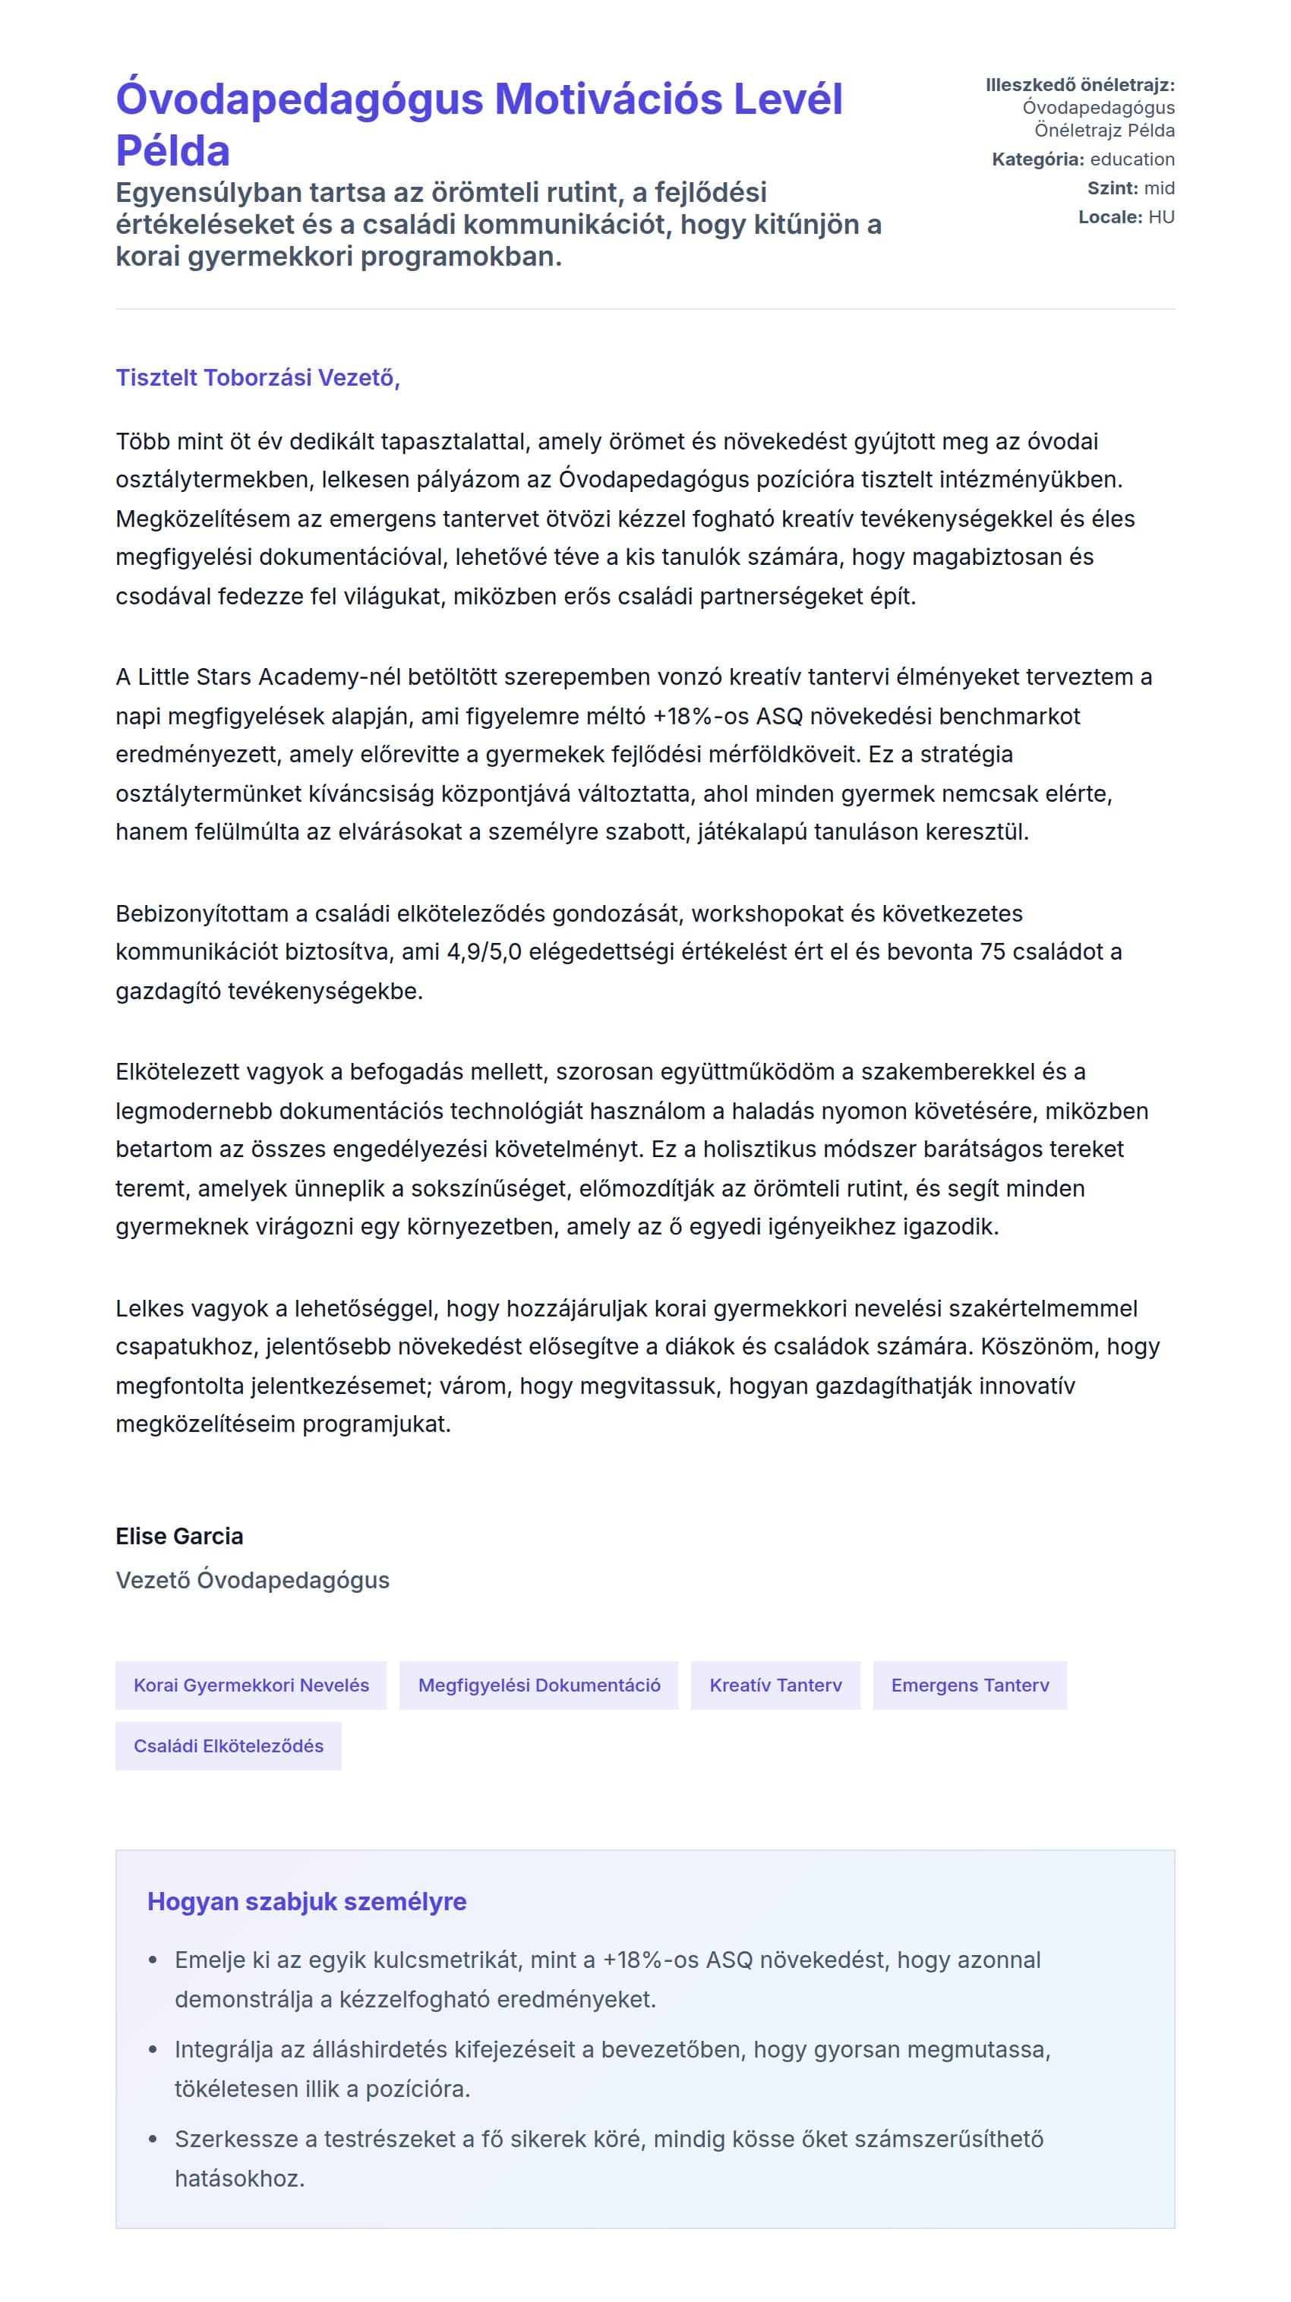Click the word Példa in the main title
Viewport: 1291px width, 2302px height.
pyautogui.click(x=172, y=150)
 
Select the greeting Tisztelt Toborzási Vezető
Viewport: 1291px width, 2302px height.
pyautogui.click(x=257, y=377)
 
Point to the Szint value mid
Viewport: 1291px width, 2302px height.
pyautogui.click(x=1159, y=188)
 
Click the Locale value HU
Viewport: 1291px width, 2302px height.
pyautogui.click(x=1161, y=216)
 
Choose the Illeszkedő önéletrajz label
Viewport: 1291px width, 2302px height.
pyautogui.click(x=1079, y=85)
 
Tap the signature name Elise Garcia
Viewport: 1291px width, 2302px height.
pyautogui.click(x=178, y=1536)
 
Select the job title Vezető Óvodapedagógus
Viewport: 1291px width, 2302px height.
pyautogui.click(x=252, y=1580)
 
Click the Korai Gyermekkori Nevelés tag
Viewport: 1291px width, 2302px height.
pyautogui.click(x=251, y=1686)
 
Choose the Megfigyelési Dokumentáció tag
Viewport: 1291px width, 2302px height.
pyautogui.click(x=539, y=1686)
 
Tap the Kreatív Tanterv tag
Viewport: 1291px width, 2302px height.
pyautogui.click(x=775, y=1686)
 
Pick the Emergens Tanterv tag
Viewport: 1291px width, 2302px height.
pyautogui.click(x=969, y=1686)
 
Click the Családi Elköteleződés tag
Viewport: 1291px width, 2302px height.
pyautogui.click(x=228, y=1746)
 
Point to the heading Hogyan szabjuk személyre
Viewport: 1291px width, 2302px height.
pyautogui.click(x=307, y=1902)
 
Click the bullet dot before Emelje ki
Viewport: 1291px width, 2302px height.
pyautogui.click(x=153, y=1960)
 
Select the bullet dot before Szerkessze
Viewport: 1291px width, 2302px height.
pyautogui.click(x=153, y=2140)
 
